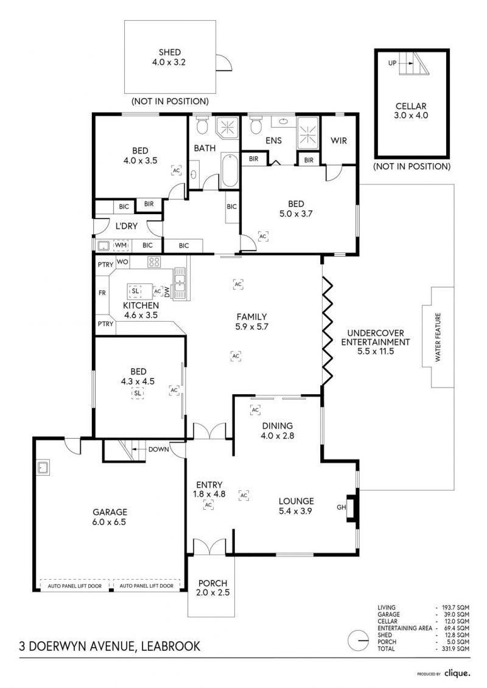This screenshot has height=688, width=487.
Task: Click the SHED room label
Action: [169, 52]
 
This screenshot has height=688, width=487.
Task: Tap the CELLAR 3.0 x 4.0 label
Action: [411, 111]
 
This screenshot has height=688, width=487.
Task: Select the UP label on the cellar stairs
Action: [392, 63]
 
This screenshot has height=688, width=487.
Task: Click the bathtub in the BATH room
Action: [229, 171]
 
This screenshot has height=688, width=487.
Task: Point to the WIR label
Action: [338, 141]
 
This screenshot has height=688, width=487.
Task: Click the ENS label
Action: [273, 141]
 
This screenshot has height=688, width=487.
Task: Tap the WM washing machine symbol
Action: [121, 245]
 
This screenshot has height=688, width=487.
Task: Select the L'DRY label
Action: [127, 226]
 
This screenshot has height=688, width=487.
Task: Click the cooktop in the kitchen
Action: [153, 262]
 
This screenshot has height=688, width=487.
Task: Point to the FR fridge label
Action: [102, 293]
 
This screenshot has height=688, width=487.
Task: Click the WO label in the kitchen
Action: [122, 262]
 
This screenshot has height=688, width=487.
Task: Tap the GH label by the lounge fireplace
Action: [342, 507]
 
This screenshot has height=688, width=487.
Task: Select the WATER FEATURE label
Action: [437, 337]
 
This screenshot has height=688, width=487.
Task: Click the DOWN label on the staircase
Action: [158, 450]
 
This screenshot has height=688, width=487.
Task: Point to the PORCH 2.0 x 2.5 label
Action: [213, 588]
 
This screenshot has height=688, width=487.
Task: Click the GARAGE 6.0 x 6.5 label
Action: [110, 517]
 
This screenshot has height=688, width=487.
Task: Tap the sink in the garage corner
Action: [43, 467]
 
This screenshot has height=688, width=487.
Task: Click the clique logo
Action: [457, 673]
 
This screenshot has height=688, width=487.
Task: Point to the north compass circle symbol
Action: [359, 640]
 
